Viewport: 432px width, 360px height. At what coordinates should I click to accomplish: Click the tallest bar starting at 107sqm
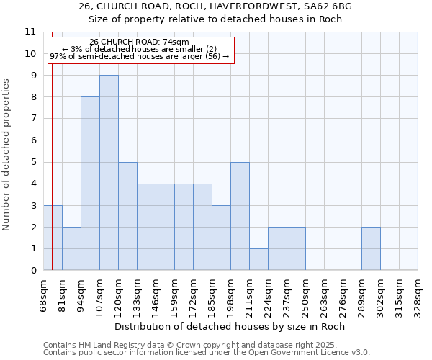(109, 173)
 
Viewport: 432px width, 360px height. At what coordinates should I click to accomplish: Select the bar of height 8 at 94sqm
(90, 184)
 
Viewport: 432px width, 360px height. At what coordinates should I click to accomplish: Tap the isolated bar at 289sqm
(371, 248)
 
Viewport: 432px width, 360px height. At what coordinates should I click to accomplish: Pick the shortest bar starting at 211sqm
(258, 259)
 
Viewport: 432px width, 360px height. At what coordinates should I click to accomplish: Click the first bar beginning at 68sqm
(53, 238)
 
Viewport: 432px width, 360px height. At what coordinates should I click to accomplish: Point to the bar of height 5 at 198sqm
(240, 216)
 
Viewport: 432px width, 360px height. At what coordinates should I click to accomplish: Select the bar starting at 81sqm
(71, 248)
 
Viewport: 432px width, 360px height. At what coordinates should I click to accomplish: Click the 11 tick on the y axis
(30, 32)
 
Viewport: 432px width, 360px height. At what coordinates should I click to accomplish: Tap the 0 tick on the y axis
(32, 271)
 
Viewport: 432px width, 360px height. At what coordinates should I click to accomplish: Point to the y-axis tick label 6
(32, 140)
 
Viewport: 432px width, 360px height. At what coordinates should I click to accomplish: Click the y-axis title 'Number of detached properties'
(7, 155)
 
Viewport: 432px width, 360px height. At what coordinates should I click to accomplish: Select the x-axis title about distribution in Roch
(230, 326)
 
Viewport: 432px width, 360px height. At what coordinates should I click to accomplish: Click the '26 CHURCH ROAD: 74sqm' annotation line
(140, 42)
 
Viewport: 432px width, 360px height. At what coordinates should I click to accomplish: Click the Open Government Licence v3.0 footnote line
(206, 353)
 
